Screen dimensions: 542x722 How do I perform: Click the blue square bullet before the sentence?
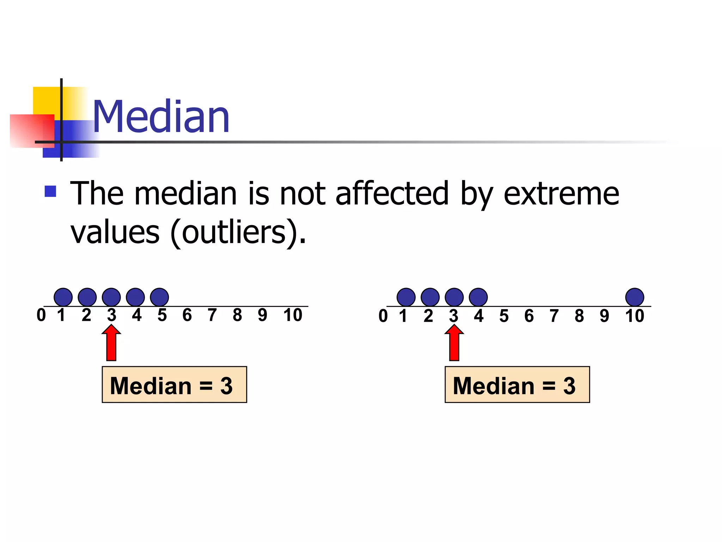click(50, 191)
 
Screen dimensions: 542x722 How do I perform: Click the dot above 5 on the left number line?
click(159, 297)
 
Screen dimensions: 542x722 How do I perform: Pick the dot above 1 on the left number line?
click(63, 297)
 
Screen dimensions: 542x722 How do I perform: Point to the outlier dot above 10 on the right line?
click(635, 297)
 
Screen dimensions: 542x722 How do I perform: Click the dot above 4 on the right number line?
click(478, 297)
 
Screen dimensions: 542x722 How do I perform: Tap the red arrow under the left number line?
click(111, 343)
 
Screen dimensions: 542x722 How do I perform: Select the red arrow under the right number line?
click(454, 343)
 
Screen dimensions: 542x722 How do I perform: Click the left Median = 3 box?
click(174, 385)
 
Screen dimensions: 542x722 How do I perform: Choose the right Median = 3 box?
click(517, 385)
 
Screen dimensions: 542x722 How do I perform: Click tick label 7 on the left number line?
click(212, 315)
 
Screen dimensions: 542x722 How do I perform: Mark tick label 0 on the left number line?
click(41, 315)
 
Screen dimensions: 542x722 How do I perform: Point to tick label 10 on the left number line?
click(293, 315)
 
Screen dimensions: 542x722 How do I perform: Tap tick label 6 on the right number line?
click(529, 316)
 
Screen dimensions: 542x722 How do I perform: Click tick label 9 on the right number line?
click(604, 316)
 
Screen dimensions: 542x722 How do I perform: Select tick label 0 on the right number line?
click(383, 316)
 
